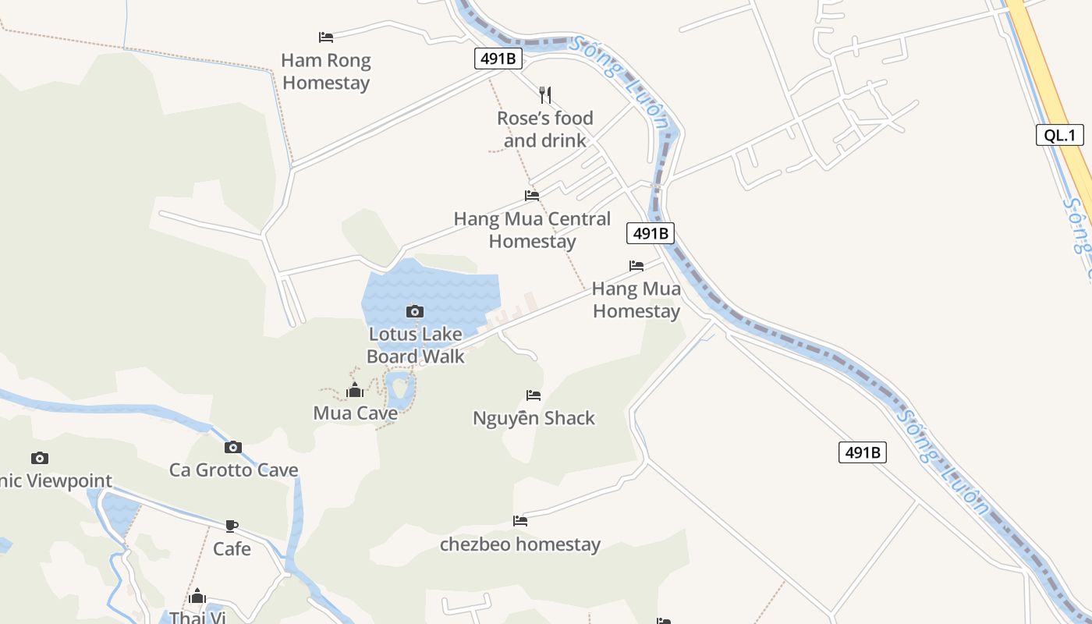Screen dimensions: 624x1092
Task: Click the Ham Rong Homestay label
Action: (326, 71)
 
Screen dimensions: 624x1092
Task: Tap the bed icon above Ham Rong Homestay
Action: (326, 37)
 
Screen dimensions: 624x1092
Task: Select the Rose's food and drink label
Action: (545, 129)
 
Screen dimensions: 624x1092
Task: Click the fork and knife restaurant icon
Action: (545, 95)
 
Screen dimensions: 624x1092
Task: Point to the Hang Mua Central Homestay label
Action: (532, 229)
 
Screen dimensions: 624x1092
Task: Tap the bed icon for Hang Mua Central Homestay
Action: (532, 195)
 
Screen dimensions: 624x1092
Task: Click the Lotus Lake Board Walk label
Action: (416, 345)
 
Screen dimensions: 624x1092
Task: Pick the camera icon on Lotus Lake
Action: (415, 312)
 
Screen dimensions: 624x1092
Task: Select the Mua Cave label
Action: (355, 413)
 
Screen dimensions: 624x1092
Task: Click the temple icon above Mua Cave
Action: (355, 390)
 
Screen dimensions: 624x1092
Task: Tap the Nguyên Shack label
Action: (534, 418)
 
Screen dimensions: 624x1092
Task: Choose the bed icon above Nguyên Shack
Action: (534, 395)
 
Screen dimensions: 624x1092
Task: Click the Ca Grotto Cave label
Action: (233, 470)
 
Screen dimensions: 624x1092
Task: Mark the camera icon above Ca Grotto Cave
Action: (232, 447)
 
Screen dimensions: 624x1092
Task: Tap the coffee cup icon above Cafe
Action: (232, 526)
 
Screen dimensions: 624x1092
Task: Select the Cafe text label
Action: (232, 548)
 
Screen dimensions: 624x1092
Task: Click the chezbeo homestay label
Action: (520, 544)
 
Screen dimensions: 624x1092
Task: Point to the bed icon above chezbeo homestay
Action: (520, 521)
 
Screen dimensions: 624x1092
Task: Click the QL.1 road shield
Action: (1060, 135)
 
